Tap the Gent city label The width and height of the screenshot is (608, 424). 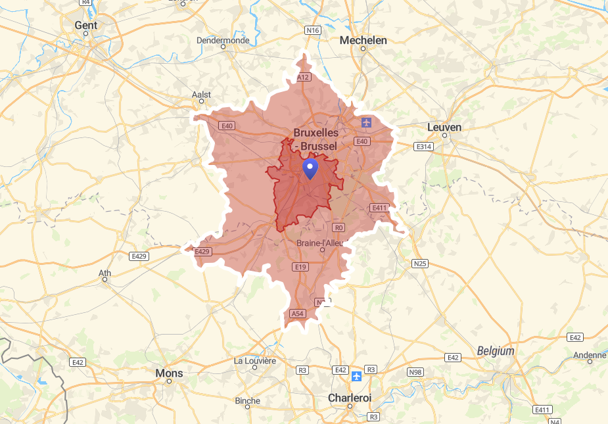tap(85, 26)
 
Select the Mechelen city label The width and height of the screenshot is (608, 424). tap(363, 40)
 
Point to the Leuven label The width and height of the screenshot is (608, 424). tap(444, 127)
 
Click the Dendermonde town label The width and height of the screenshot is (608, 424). tap(223, 40)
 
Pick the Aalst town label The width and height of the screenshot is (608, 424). tap(202, 95)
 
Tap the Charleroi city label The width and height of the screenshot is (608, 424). tap(350, 398)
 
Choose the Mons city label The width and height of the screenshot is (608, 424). tap(169, 373)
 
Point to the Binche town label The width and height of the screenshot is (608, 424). tap(247, 400)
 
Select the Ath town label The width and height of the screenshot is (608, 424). tap(105, 273)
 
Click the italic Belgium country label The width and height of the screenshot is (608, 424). tap(496, 351)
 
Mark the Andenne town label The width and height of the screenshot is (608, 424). tap(590, 355)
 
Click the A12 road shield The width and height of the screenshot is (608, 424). tap(303, 78)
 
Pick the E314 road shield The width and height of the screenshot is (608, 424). tap(423, 147)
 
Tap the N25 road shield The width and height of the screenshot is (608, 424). tap(419, 264)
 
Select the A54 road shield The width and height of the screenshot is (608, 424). tap(298, 314)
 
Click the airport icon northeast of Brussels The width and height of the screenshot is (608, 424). tap(366, 123)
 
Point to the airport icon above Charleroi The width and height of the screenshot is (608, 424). tap(356, 376)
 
